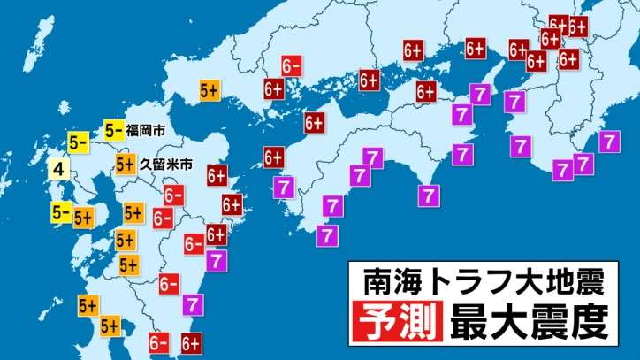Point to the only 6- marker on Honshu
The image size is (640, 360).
click(293, 65)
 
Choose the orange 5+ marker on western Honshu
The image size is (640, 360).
click(210, 89)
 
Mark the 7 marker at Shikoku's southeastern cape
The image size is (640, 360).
click(430, 193)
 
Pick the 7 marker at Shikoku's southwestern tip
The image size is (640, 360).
click(328, 234)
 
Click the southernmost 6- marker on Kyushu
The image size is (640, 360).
click(160, 342)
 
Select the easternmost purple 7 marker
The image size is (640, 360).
click(609, 140)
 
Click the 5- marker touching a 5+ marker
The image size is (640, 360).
click(62, 212)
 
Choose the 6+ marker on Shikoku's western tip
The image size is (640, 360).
click(272, 158)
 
